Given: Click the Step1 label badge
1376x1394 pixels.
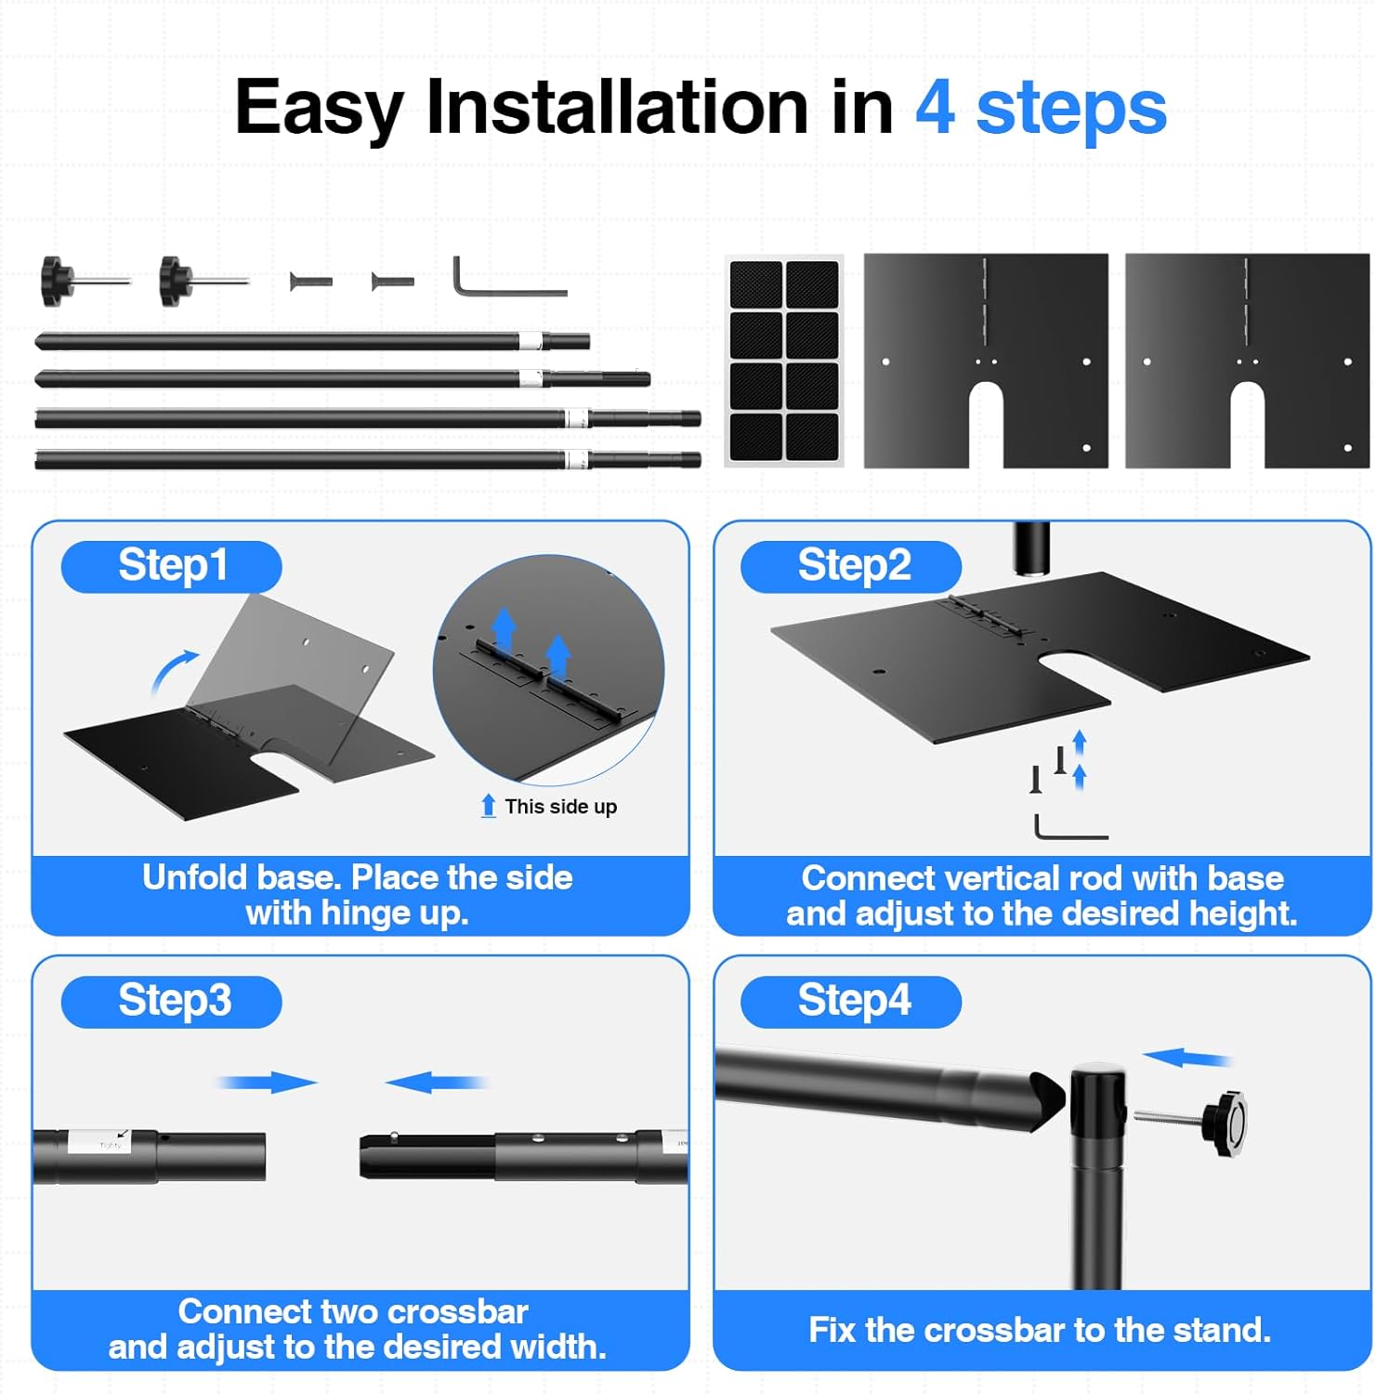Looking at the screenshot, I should click(x=172, y=566).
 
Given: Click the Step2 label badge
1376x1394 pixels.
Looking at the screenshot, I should click(x=852, y=566).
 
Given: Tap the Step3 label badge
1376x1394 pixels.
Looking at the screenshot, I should click(x=172, y=1001).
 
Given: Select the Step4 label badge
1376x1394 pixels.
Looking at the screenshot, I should click(x=852, y=1001).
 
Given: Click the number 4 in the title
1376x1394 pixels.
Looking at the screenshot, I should click(x=935, y=108).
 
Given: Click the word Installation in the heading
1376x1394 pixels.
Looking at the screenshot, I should click(x=617, y=108).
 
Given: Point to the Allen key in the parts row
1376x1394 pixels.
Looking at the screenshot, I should click(x=502, y=280).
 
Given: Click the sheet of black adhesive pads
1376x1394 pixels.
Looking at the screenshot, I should click(x=784, y=361).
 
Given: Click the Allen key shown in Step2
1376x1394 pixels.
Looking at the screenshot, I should click(x=1068, y=829).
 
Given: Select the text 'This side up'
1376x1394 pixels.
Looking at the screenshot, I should click(x=560, y=807).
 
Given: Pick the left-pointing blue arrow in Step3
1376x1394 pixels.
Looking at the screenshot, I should click(x=435, y=1082).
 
